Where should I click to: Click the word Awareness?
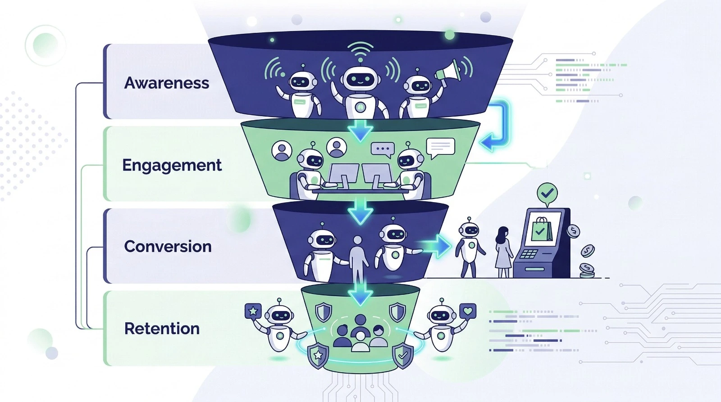pyautogui.click(x=167, y=83)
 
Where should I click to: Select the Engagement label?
pyautogui.click(x=172, y=165)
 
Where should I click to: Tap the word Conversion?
pyautogui.click(x=168, y=246)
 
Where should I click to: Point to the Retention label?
pyautogui.click(x=162, y=329)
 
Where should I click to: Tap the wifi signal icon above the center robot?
pyautogui.click(x=360, y=50)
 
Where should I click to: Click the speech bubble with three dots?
pyautogui.click(x=383, y=149)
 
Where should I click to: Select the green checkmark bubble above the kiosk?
pyautogui.click(x=547, y=194)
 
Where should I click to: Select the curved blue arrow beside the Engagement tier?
pyautogui.click(x=497, y=126)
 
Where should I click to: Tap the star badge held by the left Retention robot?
pyautogui.click(x=253, y=311)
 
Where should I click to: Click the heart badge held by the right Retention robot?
pyautogui.click(x=468, y=311)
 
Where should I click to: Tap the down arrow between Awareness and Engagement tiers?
pyautogui.click(x=360, y=131)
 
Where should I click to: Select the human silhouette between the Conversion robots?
pyautogui.click(x=357, y=257)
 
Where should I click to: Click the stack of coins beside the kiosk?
pyautogui.click(x=586, y=270)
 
